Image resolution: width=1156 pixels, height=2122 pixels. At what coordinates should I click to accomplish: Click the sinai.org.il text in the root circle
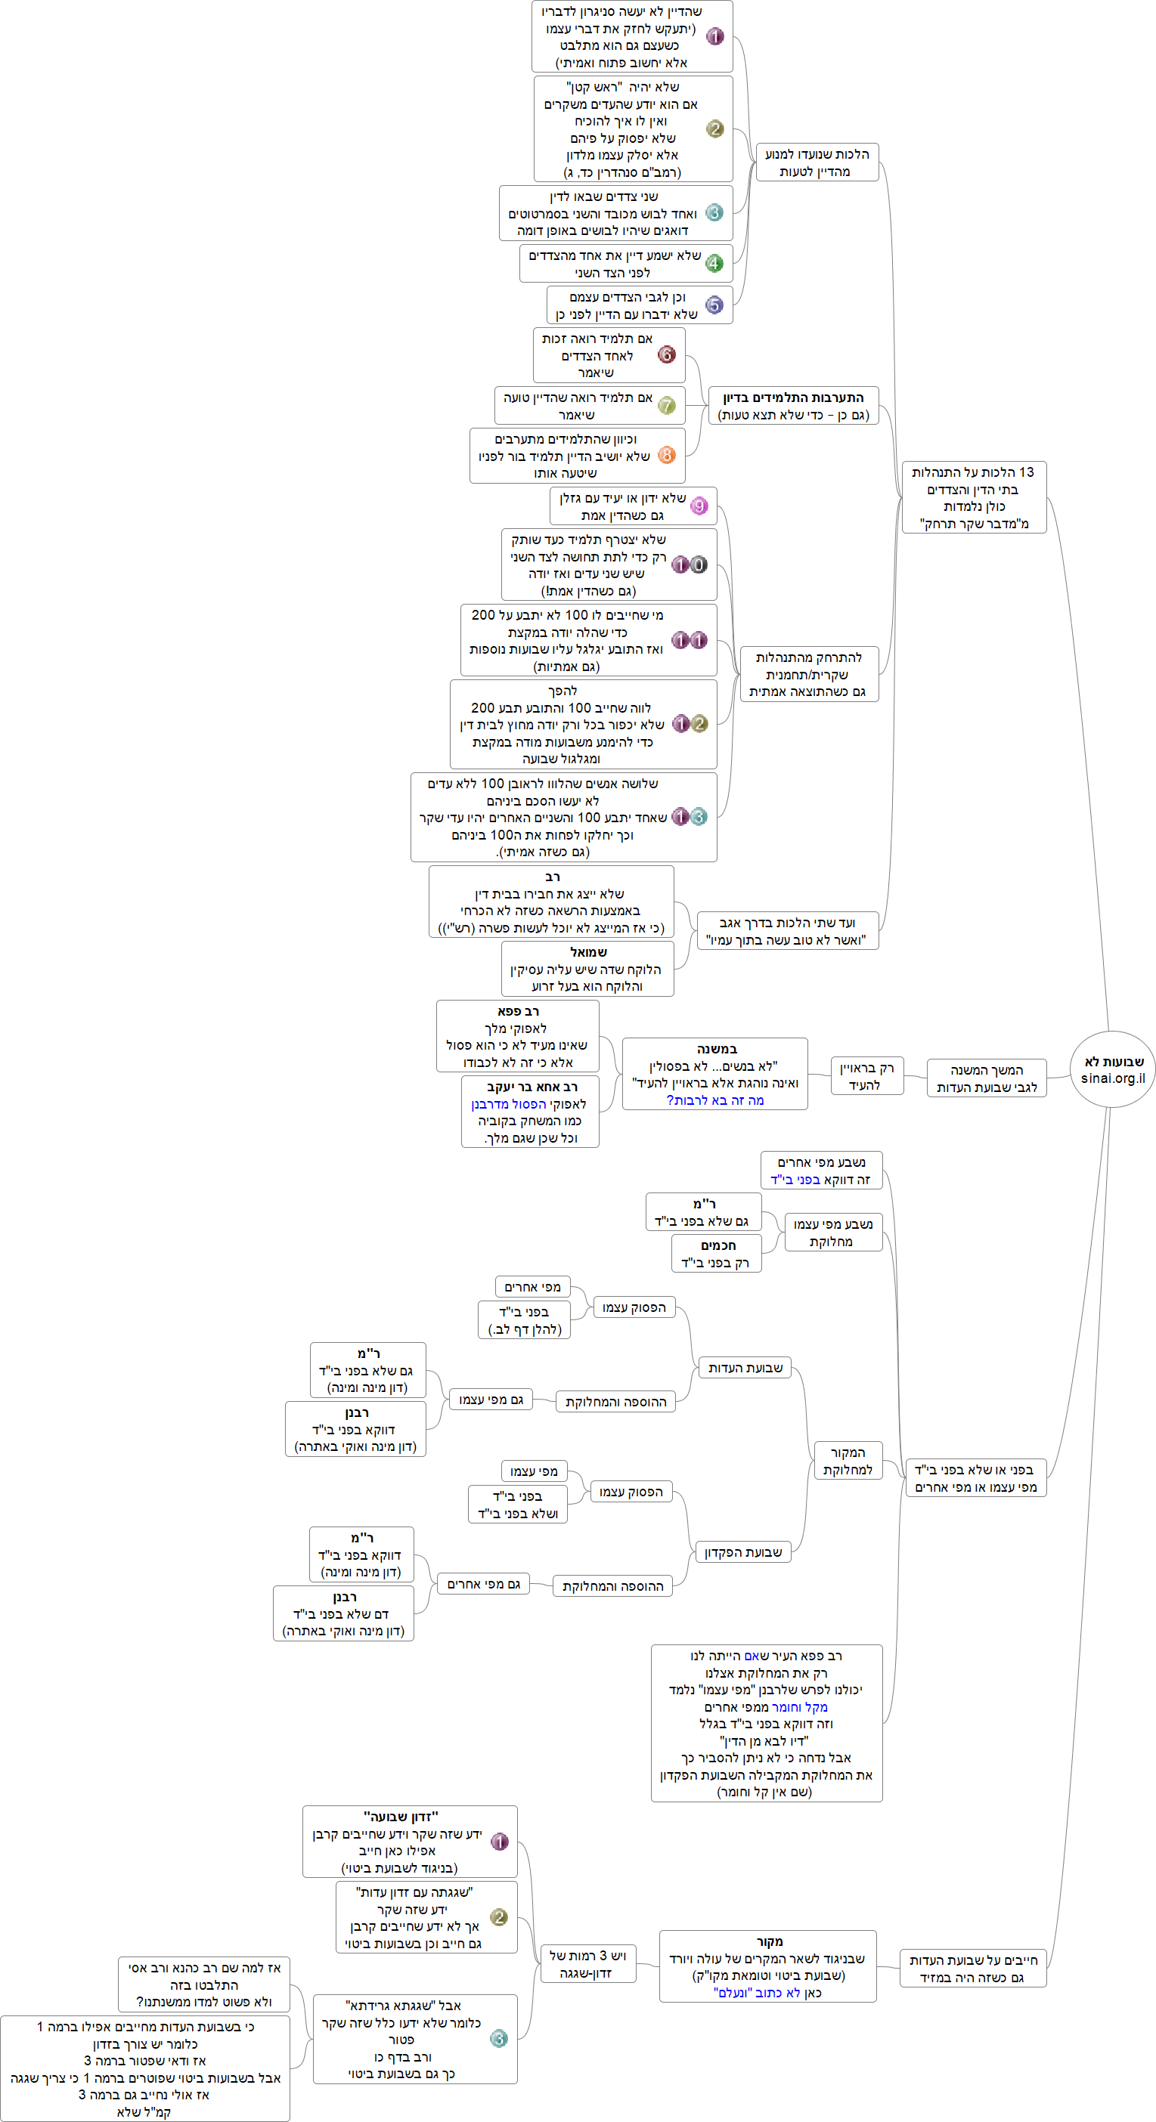(1112, 1078)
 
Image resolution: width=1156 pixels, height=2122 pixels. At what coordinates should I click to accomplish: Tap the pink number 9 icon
(699, 506)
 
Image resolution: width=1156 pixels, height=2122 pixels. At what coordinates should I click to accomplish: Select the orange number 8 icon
(667, 455)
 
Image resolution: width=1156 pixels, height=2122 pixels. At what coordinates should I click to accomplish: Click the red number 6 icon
(667, 355)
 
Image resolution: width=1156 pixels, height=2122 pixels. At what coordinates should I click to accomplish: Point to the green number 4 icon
(714, 264)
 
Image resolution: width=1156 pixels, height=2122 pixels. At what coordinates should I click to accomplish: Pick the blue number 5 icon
(714, 305)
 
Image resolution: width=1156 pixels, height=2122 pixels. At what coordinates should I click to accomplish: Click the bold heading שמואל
(588, 952)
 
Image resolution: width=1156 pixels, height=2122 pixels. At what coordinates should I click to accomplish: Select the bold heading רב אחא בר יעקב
(532, 1087)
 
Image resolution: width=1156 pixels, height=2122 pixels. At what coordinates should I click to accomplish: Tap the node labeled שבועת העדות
(745, 1369)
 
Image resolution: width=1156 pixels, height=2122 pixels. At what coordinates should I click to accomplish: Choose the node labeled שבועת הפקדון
(742, 1553)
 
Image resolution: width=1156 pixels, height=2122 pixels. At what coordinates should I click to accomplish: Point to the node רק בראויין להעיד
(866, 1077)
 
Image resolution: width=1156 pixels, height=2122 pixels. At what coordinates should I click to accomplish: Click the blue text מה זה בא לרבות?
(715, 1100)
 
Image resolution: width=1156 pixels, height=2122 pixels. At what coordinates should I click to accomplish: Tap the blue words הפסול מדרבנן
(508, 1105)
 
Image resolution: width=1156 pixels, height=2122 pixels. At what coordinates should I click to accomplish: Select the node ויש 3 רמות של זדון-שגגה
(587, 1965)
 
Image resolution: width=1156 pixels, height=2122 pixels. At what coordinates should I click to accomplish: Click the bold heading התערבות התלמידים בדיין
(793, 397)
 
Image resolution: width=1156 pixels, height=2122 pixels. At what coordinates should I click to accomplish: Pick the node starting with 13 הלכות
(973, 497)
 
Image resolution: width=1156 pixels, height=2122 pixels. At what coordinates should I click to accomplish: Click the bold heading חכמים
(717, 1245)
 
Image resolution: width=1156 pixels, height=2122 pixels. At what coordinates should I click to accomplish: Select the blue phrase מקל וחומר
(799, 1708)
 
